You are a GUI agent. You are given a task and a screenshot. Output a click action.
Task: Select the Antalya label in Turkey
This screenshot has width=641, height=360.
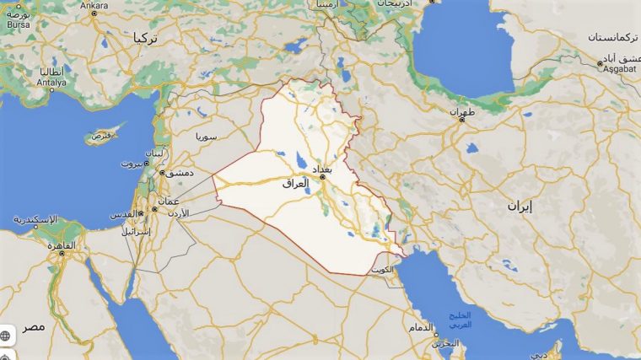tap(51, 82)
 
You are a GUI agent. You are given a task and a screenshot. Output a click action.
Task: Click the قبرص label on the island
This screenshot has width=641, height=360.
tap(101, 134)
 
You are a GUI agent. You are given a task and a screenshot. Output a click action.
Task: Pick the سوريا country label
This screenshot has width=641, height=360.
tap(207, 136)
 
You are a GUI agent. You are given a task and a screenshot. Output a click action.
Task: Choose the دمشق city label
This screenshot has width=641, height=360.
tap(179, 173)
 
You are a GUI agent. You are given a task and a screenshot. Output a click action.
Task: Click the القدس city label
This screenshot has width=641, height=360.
tap(122, 214)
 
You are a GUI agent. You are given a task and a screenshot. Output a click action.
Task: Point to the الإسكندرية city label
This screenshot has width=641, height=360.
tap(35, 220)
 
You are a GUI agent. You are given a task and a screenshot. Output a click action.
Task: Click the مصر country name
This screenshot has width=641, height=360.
tap(34, 325)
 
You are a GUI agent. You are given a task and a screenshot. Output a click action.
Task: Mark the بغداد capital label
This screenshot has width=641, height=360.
tap(323, 169)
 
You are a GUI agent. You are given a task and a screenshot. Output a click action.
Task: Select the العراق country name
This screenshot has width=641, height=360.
tap(296, 182)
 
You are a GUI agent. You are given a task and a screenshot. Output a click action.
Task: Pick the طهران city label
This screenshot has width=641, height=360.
tap(462, 111)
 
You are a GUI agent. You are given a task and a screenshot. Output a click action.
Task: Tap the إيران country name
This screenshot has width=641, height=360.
tap(520, 205)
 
